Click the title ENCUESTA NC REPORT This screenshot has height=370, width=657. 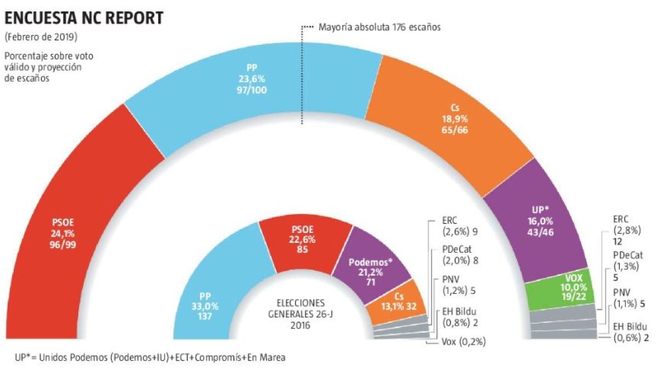[x=84, y=18]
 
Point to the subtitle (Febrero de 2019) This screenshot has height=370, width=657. [x=41, y=38]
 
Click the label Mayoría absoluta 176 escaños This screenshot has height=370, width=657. [x=379, y=26]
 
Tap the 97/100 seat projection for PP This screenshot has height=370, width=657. [x=252, y=89]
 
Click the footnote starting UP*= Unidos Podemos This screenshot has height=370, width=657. [x=149, y=357]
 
